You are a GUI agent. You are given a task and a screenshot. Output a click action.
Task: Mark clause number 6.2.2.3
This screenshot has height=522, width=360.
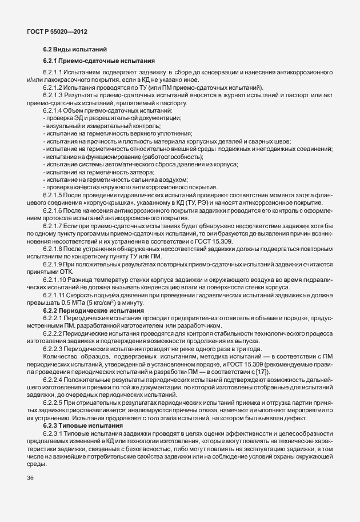(55, 348)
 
